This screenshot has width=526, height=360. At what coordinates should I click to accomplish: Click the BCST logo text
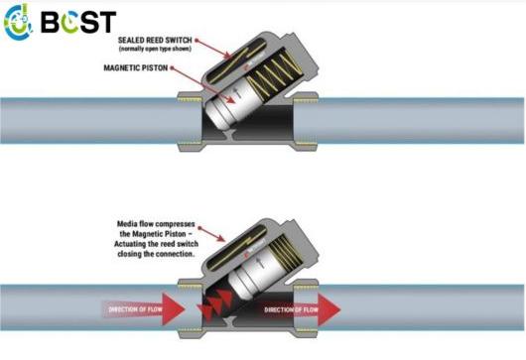click(78, 21)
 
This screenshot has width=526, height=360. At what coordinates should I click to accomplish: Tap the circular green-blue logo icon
click(21, 22)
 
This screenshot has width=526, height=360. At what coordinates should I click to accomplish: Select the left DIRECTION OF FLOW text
click(133, 307)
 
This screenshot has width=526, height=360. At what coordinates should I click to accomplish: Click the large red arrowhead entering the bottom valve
click(180, 307)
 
